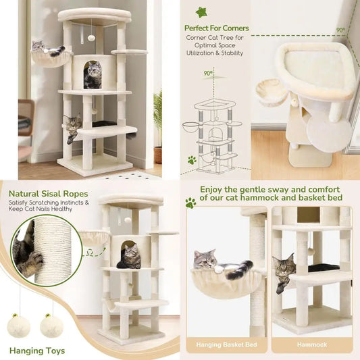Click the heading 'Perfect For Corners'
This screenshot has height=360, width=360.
[x=216, y=28]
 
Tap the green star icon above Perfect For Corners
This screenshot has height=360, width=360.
[x=201, y=12]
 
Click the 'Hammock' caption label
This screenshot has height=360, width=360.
[x=311, y=344]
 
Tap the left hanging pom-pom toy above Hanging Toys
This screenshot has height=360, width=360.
[x=19, y=326]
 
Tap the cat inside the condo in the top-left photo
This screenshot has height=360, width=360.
[x=93, y=75]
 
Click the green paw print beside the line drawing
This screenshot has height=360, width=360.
[x=192, y=160]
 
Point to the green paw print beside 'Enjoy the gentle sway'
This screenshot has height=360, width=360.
[x=190, y=203]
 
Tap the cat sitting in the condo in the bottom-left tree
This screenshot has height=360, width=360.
[x=130, y=256]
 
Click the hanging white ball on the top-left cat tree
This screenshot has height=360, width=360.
[x=91, y=38]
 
